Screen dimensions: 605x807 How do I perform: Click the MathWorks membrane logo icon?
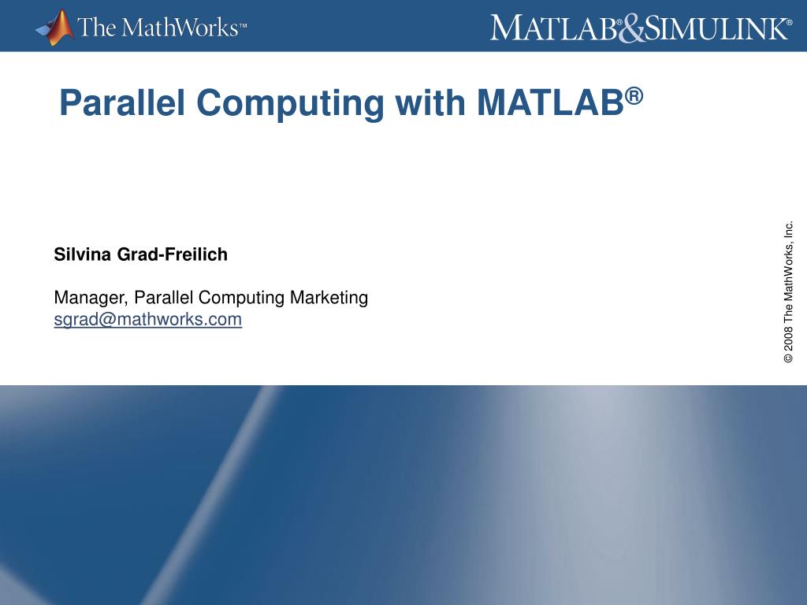tap(54, 28)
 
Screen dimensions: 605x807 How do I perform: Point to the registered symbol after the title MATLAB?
tap(635, 95)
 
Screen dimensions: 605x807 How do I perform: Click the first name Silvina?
tap(83, 254)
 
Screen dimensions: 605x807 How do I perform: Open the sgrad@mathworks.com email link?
tap(147, 320)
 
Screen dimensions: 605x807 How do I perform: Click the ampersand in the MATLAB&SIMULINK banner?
tap(632, 29)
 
